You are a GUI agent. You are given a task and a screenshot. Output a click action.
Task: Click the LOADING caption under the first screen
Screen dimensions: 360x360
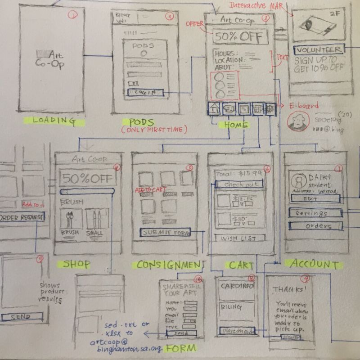(53, 120)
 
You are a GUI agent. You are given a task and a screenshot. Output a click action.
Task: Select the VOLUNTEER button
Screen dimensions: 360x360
(319, 50)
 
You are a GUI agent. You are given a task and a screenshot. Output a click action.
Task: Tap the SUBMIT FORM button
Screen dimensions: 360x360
(165, 233)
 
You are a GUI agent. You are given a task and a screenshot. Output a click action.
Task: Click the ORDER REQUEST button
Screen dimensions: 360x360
(22, 217)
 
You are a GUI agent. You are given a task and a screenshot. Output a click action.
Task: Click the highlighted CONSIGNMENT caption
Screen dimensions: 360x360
(168, 265)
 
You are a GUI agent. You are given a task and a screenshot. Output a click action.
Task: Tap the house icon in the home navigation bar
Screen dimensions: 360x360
(214, 108)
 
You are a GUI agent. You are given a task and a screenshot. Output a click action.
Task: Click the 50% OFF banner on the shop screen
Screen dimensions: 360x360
(88, 178)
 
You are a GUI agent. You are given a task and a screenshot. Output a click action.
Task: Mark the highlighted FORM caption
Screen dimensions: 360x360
(181, 348)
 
